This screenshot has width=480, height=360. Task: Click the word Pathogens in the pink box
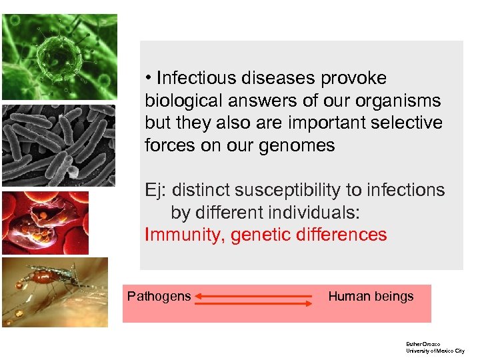click(159, 297)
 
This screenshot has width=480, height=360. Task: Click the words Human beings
click(371, 297)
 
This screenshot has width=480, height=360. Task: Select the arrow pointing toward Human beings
click(253, 304)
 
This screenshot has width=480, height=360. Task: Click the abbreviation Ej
click(154, 190)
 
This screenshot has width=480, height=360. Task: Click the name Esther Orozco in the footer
click(423, 344)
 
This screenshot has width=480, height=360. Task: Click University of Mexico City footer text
click(435, 351)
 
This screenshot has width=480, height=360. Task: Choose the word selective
click(411, 123)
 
